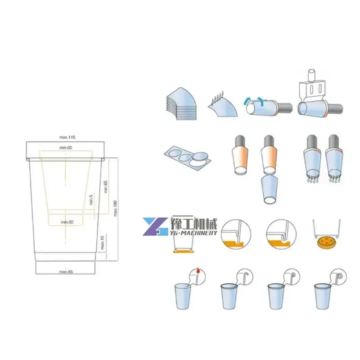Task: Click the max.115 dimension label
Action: coord(66,136)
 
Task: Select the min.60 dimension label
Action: coord(66,148)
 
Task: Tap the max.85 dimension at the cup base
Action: coord(66,271)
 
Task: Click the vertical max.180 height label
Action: coord(116,207)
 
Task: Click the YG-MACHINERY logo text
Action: coord(194,232)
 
